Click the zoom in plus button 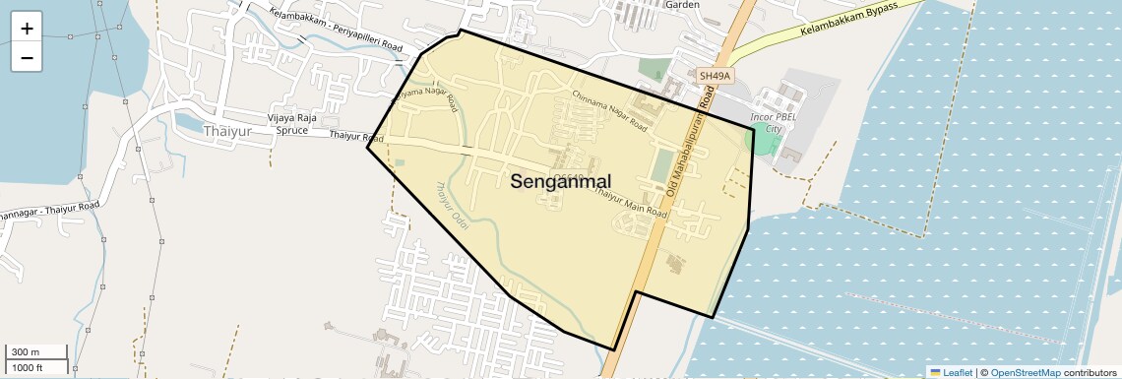click(27, 29)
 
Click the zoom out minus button click(27, 58)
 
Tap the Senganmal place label click(561, 181)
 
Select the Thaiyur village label click(226, 130)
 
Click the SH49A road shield click(715, 76)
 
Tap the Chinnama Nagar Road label click(609, 109)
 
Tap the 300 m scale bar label click(25, 352)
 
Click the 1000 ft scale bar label click(27, 367)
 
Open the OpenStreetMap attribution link click(1025, 372)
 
